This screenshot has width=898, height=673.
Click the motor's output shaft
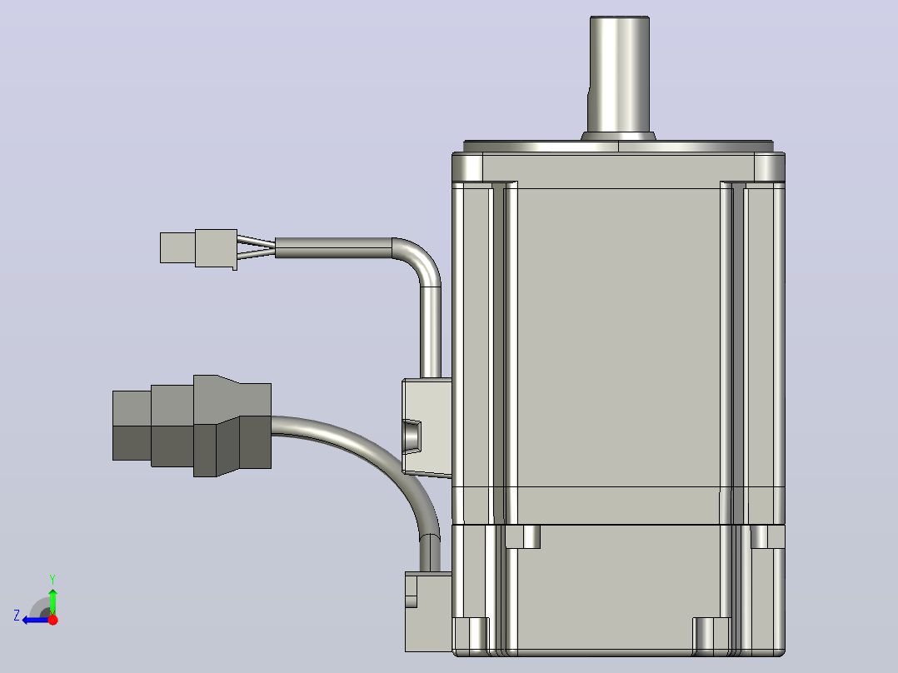tap(618, 74)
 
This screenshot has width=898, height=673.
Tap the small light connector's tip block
tap(177, 247)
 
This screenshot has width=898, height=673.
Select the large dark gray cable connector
tap(192, 426)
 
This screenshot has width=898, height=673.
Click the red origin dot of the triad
tap(52, 620)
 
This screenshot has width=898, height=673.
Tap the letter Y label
tap(52, 579)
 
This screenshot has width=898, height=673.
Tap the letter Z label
tap(17, 616)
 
